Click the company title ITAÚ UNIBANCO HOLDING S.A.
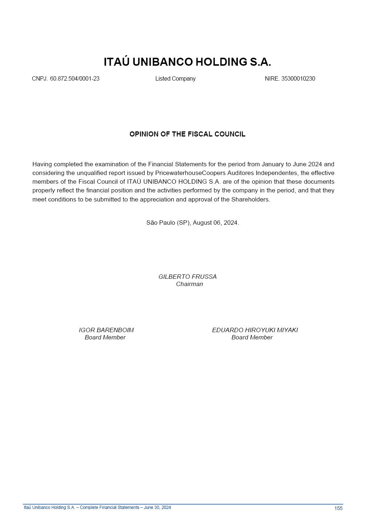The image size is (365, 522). [x=187, y=62]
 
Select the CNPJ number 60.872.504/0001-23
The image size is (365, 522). [x=74, y=79]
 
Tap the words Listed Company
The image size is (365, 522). [x=175, y=79]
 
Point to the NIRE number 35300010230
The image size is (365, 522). [x=298, y=79]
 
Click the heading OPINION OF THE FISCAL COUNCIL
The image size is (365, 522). [x=187, y=134]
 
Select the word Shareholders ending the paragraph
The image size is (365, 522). [x=250, y=200]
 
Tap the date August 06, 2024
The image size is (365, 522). [x=216, y=223]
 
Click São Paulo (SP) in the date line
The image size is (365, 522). [x=168, y=223]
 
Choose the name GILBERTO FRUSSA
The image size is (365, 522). [x=187, y=277]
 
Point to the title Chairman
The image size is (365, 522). [x=189, y=284]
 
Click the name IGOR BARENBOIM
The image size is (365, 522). [x=106, y=330]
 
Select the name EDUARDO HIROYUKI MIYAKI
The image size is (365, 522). [x=255, y=330]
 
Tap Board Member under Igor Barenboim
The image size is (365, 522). [x=105, y=338]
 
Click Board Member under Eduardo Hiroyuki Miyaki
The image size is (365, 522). [x=252, y=338]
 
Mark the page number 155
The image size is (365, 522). [x=338, y=509]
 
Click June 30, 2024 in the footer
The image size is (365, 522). [x=157, y=507]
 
